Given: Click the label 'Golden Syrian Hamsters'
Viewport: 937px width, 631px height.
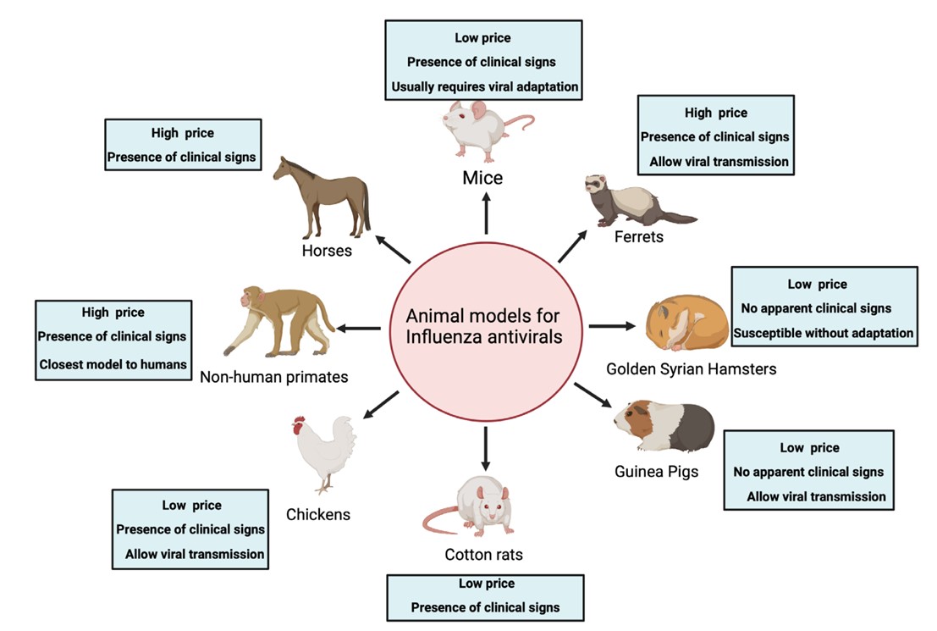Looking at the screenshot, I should tap(691, 368).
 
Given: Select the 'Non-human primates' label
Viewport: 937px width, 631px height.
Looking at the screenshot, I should tap(274, 377).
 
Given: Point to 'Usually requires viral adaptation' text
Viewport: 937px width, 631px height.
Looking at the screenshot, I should tap(484, 86).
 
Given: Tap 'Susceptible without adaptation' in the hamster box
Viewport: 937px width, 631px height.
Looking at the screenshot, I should tap(824, 333).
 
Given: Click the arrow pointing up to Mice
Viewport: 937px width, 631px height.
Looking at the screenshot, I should tap(486, 213).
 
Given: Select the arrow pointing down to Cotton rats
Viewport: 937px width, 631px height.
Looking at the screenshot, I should tap(486, 449).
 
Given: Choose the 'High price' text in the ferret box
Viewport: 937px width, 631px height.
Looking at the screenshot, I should tap(715, 113).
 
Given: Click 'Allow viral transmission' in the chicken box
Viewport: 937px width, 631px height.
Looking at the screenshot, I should tap(195, 555).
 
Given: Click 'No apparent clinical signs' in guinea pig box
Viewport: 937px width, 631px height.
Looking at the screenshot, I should tap(808, 472).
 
